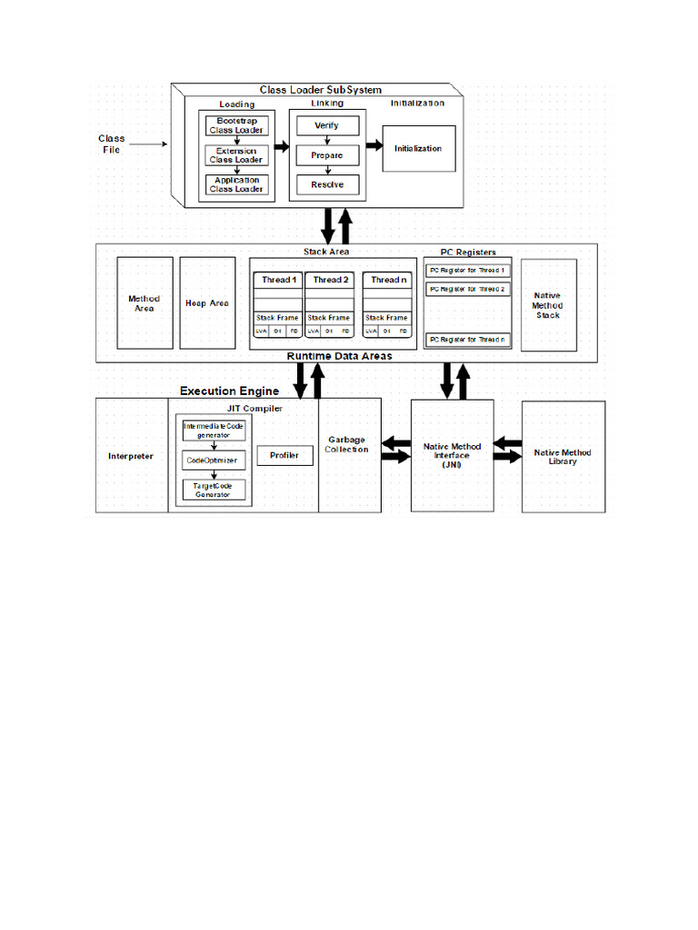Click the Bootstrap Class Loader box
point(236,125)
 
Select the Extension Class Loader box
point(236,155)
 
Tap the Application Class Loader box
point(236,185)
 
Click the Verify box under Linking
point(327,125)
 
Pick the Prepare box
point(327,155)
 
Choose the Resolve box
point(327,185)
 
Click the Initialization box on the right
point(418,148)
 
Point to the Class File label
point(112,143)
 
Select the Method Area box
point(145,303)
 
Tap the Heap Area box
point(207,303)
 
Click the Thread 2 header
point(331,280)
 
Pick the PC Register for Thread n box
point(468,340)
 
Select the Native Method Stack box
point(548,305)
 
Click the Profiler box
point(285,456)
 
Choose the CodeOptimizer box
point(213,461)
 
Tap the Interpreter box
point(131,456)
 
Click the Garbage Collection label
point(347,445)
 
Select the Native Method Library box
point(563,457)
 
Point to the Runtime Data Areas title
point(340,356)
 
